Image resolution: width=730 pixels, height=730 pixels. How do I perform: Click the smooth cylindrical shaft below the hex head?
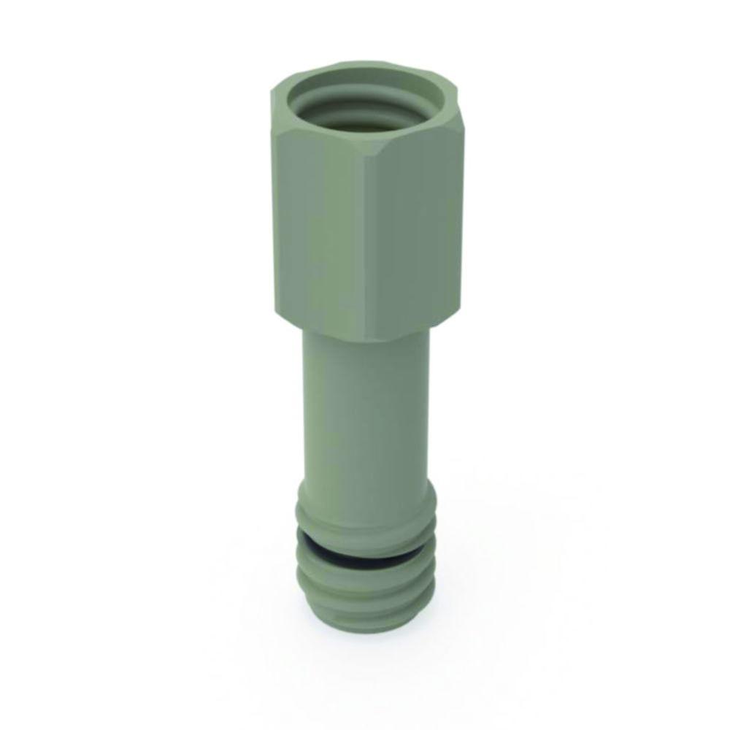[x=365, y=409]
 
